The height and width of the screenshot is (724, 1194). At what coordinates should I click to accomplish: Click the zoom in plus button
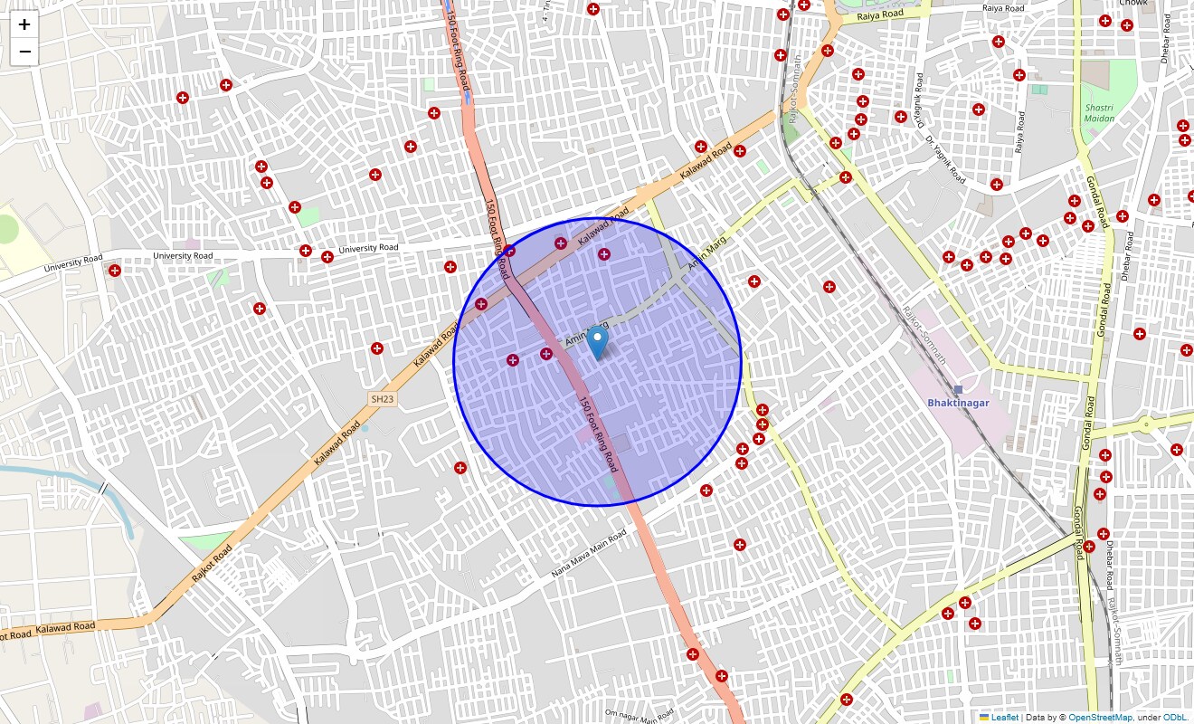point(24,24)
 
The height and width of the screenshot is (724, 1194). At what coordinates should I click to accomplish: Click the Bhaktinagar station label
point(958,403)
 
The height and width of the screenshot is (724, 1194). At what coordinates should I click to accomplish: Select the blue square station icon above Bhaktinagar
point(958,389)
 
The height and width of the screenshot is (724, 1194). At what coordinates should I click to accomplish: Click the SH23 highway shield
point(382,399)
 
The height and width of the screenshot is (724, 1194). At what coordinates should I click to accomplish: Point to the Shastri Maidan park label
point(1100,113)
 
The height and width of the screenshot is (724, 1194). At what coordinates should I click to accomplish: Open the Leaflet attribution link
point(1005,718)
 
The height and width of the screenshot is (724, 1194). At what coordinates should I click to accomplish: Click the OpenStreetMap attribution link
point(1100,718)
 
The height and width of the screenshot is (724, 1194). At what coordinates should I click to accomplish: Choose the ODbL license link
point(1177,718)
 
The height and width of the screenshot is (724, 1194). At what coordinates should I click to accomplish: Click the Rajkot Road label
point(212,563)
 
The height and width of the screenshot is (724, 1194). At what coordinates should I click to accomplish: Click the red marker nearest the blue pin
point(546,354)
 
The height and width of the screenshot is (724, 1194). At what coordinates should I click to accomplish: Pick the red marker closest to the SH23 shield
point(377,348)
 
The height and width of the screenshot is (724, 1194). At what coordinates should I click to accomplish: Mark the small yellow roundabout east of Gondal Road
point(1146,424)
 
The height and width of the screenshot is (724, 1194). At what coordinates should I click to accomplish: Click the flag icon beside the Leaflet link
point(984,718)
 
